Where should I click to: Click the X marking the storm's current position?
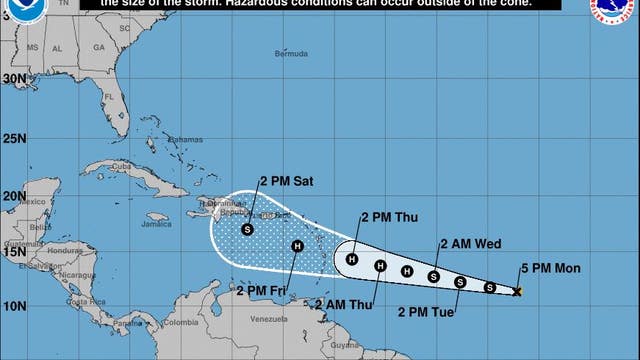tap(517, 291)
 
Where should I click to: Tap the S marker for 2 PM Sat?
tap(248, 230)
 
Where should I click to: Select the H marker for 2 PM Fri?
tap(297, 246)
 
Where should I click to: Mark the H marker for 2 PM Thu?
tap(351, 260)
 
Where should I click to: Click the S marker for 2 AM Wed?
tap(434, 276)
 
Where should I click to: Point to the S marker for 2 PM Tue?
tap(460, 282)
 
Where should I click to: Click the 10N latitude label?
tap(13, 305)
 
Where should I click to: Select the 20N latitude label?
tap(13, 196)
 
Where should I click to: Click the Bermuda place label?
tap(293, 53)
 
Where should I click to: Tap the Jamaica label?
tap(157, 224)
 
